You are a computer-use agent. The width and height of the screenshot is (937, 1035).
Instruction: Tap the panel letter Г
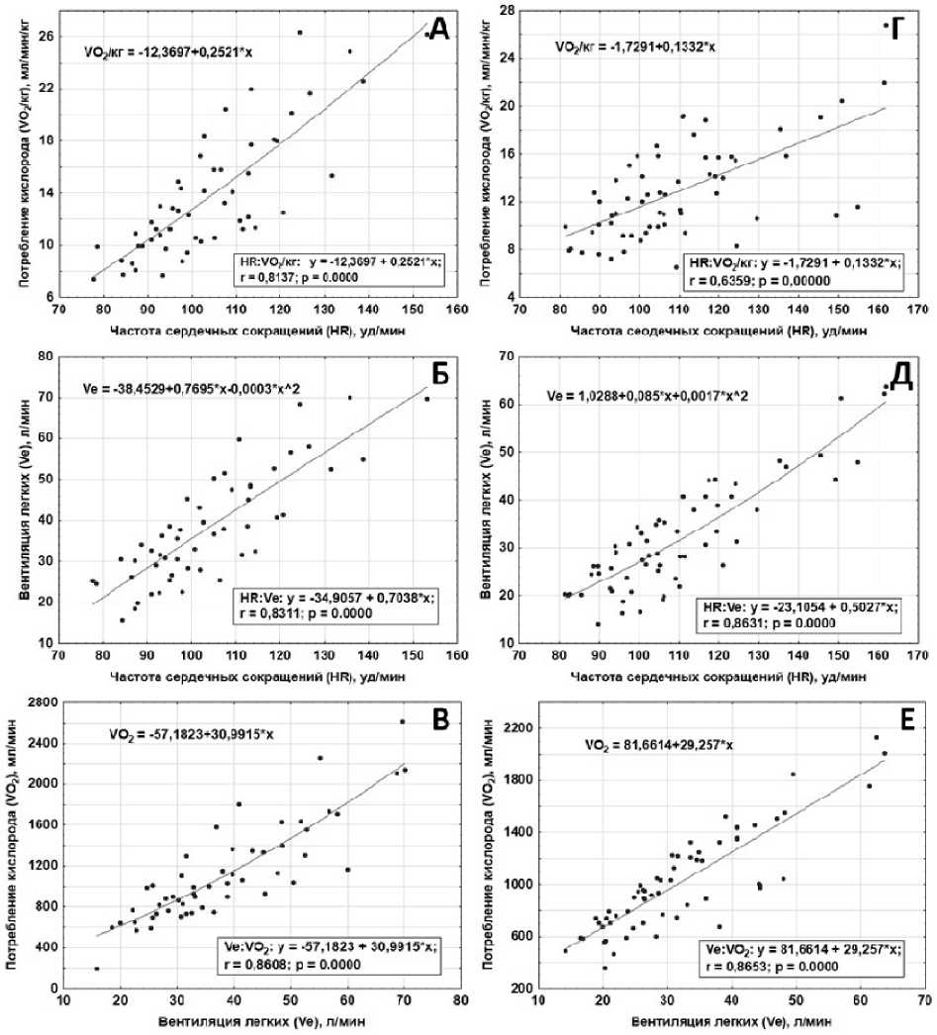[893, 30]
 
